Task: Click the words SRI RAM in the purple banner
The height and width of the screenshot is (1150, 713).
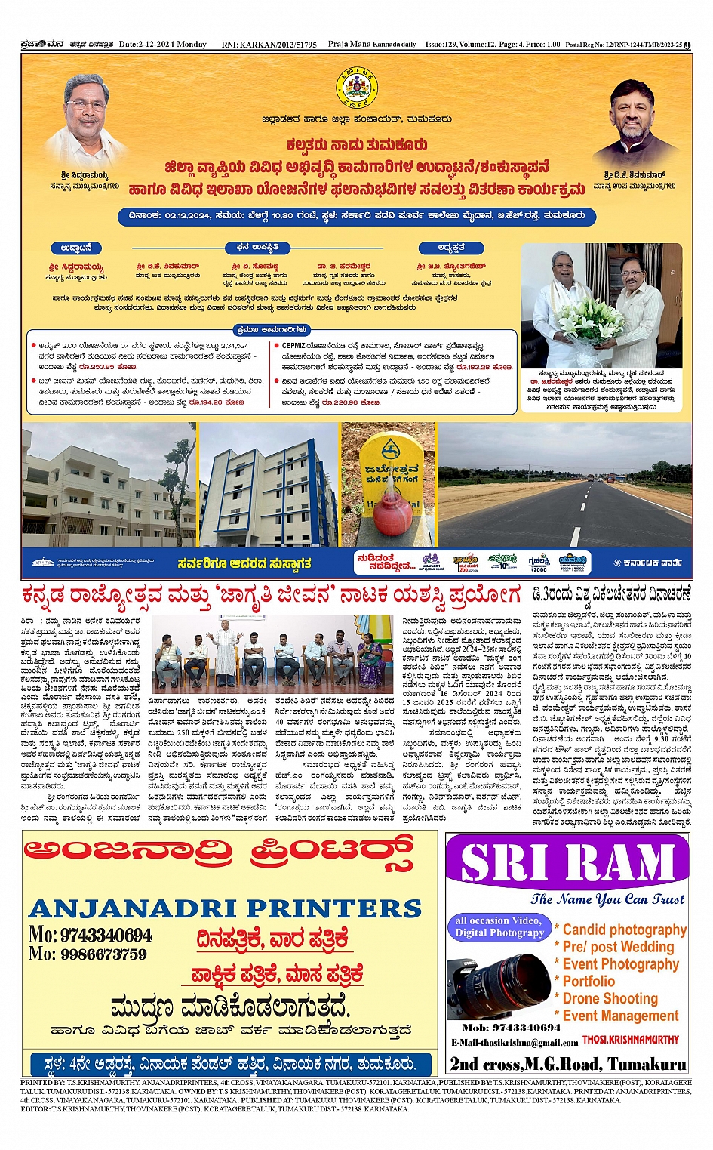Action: [x=567, y=862]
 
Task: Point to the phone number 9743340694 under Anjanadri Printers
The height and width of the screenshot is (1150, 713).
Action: [x=91, y=936]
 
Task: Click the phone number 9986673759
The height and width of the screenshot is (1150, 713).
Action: [x=88, y=954]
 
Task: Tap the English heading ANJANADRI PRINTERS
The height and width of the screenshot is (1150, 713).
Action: [x=225, y=907]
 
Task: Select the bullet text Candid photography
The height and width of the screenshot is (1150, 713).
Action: [x=624, y=930]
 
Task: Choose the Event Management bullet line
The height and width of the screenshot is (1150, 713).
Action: [x=620, y=1016]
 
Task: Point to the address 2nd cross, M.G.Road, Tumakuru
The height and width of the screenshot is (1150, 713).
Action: [x=567, y=1064]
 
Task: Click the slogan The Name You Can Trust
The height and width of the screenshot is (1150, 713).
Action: [x=607, y=899]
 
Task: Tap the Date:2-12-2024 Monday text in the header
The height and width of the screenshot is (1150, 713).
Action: [x=162, y=45]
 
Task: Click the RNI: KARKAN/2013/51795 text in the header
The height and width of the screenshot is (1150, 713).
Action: [x=269, y=45]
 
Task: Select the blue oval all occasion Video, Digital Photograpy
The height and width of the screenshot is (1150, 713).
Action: [x=499, y=926]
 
